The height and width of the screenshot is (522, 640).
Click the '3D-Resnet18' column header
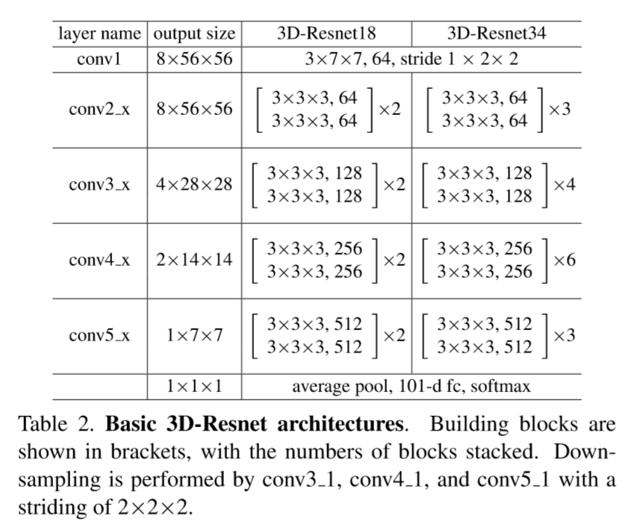tap(326, 34)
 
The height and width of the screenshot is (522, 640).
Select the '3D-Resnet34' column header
tap(496, 34)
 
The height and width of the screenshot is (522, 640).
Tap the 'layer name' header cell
tap(99, 34)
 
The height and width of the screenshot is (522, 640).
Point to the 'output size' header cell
tap(194, 34)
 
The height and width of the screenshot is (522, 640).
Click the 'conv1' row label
tap(99, 59)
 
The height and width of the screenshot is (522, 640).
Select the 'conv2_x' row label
tap(99, 109)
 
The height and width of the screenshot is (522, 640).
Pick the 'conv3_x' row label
tap(99, 185)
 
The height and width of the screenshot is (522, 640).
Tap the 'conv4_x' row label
tap(99, 261)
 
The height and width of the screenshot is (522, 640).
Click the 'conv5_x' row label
tap(99, 336)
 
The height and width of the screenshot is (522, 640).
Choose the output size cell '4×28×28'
tap(194, 185)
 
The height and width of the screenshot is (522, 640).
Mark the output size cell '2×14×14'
tap(194, 261)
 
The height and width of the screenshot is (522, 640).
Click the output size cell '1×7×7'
tap(194, 336)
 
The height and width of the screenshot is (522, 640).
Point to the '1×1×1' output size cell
tap(194, 387)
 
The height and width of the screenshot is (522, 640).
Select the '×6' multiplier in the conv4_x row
tap(564, 260)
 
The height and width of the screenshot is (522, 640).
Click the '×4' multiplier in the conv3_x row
tap(564, 184)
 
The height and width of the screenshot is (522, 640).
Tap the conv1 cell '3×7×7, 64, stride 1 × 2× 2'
tap(411, 59)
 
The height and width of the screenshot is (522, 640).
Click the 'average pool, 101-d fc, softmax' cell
tap(411, 387)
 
